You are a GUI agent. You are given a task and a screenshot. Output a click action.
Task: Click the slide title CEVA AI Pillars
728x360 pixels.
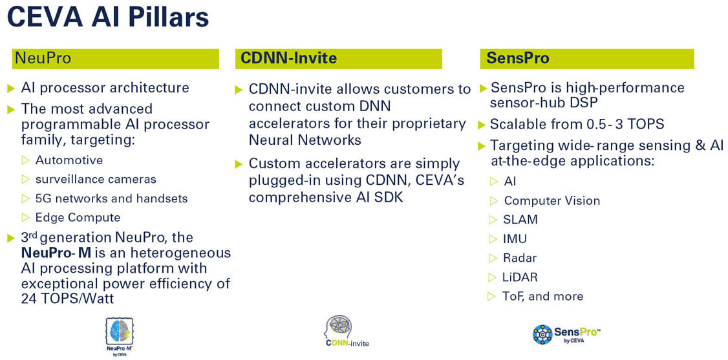click(108, 17)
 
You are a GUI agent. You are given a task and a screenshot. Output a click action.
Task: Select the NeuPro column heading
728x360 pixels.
click(42, 58)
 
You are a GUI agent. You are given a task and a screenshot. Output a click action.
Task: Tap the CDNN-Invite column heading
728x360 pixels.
click(288, 58)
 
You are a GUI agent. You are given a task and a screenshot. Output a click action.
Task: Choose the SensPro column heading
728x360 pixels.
click(517, 58)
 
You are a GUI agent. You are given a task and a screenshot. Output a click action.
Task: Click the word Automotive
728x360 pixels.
click(69, 160)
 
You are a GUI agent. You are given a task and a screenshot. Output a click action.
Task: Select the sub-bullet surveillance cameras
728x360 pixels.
click(96, 179)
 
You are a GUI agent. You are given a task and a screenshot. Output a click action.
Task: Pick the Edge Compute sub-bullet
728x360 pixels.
click(78, 217)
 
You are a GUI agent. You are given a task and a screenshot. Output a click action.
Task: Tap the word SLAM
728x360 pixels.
click(520, 220)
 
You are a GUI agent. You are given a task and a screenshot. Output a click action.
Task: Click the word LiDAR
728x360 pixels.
click(520, 277)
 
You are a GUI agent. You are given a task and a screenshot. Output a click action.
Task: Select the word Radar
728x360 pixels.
click(520, 258)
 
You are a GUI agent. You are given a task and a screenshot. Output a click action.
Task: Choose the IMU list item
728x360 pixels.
click(515, 239)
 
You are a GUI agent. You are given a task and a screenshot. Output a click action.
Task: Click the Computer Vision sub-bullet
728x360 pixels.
click(551, 201)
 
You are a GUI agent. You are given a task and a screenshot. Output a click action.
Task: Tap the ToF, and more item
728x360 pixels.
click(542, 297)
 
